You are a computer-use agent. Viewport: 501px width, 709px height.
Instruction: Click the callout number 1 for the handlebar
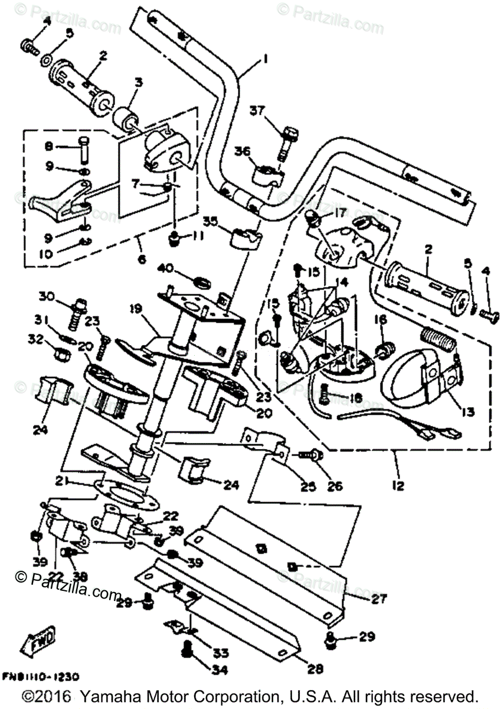(266, 59)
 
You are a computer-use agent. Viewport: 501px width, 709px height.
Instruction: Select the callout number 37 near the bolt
(257, 110)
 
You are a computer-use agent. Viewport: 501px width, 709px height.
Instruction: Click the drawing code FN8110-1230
(41, 677)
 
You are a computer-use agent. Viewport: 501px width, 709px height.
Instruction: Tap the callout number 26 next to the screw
(335, 487)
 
